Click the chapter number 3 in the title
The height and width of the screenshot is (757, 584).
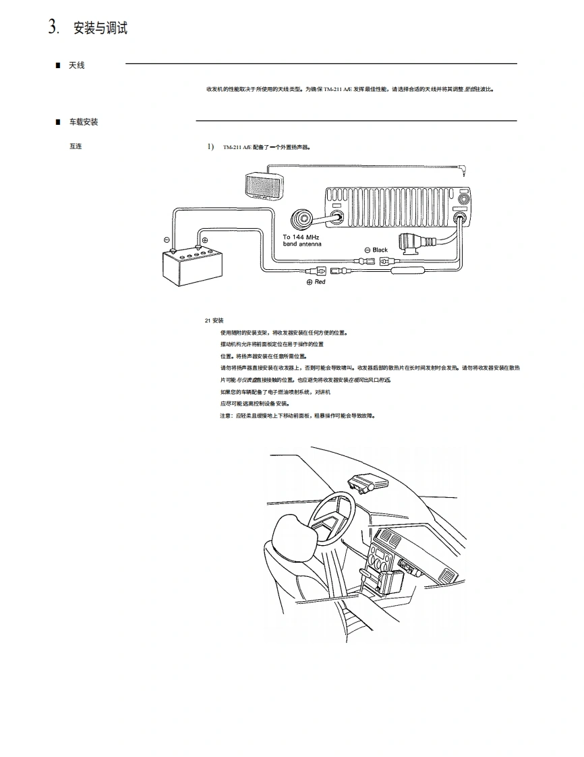(x=53, y=27)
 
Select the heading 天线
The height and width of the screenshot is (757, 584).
(x=76, y=65)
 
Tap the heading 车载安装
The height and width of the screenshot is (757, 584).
(x=84, y=122)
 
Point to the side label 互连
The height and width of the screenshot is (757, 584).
(x=75, y=146)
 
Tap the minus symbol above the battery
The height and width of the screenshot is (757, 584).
(x=167, y=240)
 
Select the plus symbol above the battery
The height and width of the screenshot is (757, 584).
(x=205, y=240)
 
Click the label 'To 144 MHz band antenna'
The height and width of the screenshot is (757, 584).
(x=302, y=240)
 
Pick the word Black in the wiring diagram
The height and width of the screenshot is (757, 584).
(x=380, y=250)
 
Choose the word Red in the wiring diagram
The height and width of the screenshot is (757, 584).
(x=320, y=282)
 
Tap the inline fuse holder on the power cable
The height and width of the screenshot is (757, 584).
(x=407, y=271)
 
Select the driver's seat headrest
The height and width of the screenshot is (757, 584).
(x=295, y=537)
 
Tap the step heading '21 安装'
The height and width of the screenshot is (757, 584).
(x=214, y=320)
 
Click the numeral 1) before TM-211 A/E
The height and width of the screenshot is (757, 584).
(x=210, y=146)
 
